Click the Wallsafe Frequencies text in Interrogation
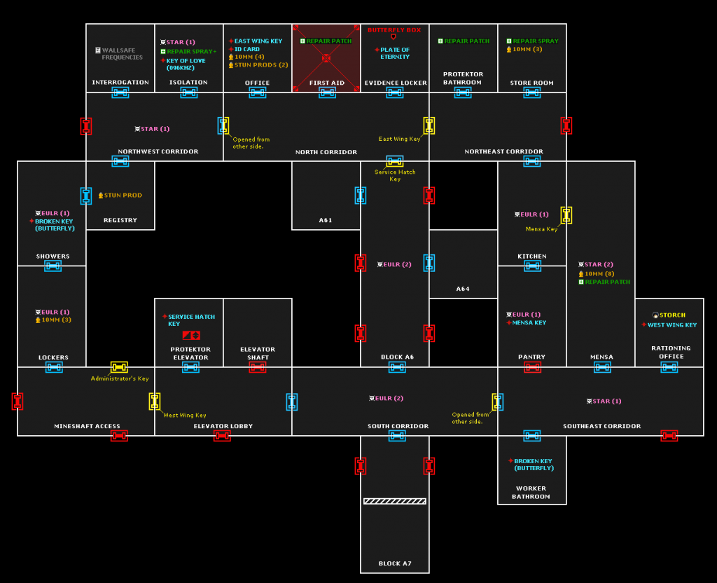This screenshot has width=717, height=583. [x=123, y=54]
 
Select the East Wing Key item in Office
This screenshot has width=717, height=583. [x=258, y=41]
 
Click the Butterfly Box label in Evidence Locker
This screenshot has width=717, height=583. [x=394, y=30]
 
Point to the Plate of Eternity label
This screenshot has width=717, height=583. [x=394, y=53]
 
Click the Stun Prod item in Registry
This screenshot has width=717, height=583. [x=123, y=196]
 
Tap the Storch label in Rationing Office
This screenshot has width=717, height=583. [x=671, y=315]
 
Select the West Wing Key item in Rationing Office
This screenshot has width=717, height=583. [x=671, y=325]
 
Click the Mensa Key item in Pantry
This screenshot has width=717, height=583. [x=529, y=323]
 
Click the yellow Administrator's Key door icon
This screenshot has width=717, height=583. [x=119, y=367]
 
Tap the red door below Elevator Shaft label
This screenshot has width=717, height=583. [x=258, y=367]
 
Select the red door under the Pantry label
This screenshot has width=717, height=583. [x=532, y=367]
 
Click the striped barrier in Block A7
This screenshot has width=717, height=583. [x=395, y=501]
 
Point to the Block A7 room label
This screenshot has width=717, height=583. [x=395, y=563]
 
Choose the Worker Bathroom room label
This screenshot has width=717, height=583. [x=531, y=493]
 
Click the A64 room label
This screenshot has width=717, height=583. [x=463, y=289]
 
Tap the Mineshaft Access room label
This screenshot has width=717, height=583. [x=87, y=426]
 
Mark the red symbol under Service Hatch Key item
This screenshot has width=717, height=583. [x=191, y=336]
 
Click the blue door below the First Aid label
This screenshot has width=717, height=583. [x=326, y=92]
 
